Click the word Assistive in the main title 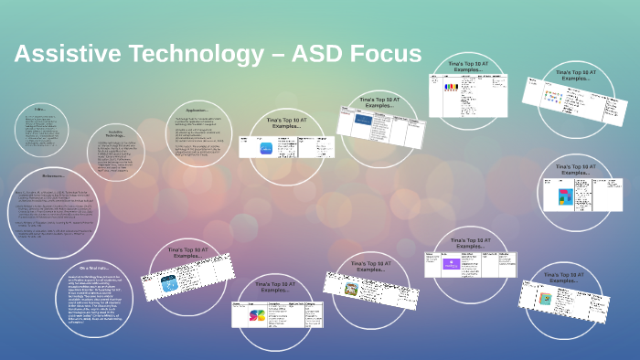(x=60, y=55)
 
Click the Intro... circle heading (x=37, y=109)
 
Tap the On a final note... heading (x=96, y=266)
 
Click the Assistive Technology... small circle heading (x=115, y=134)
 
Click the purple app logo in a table (x=451, y=264)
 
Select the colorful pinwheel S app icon (x=258, y=315)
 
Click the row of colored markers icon (x=451, y=88)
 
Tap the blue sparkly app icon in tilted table (x=169, y=284)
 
